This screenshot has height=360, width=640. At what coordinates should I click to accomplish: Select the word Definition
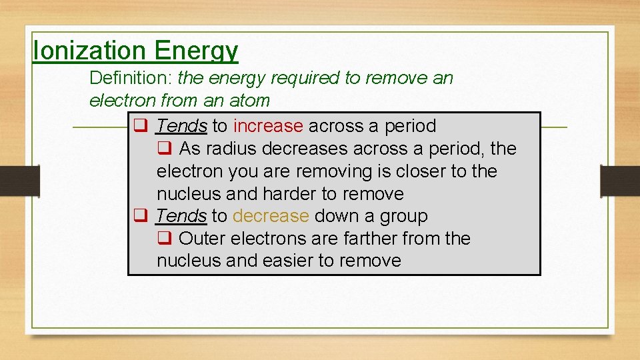[x=131, y=78]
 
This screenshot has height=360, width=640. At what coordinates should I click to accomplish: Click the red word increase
[x=268, y=126]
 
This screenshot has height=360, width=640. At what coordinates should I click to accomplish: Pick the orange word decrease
[x=271, y=216]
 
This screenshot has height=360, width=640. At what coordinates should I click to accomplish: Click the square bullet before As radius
[x=164, y=147]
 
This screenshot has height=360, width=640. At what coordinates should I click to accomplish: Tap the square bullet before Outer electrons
[x=164, y=237]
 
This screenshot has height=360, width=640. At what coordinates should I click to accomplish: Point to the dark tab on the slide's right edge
[x=619, y=180]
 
